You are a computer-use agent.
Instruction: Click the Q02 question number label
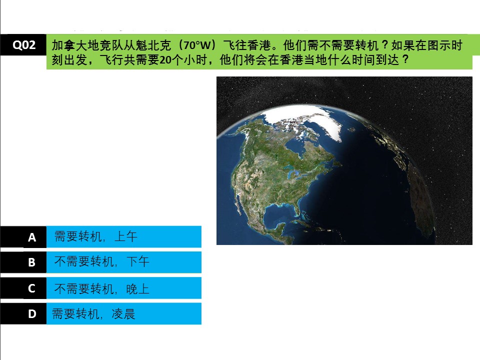[24, 45]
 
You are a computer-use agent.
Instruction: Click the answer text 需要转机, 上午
[95, 236]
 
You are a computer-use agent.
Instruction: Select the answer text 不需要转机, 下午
[101, 262]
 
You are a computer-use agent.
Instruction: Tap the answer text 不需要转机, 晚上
[101, 288]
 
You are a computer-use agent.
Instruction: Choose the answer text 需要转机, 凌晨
[93, 314]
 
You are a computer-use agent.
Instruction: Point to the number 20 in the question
[165, 60]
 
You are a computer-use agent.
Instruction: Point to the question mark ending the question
[406, 59]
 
